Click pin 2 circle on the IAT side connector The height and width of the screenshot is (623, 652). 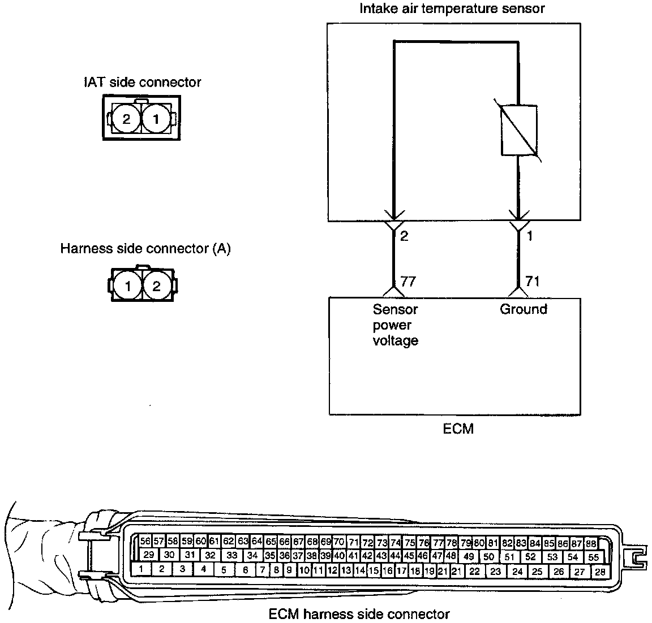[126, 119]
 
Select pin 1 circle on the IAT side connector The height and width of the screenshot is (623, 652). [156, 119]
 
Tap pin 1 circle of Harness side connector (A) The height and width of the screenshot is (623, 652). [128, 286]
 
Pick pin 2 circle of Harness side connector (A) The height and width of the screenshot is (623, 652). [157, 286]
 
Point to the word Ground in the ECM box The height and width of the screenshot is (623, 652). [524, 309]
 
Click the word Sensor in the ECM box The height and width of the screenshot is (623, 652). [395, 309]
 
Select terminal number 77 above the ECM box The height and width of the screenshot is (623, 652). [408, 281]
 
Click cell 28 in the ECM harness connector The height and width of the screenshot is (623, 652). [600, 572]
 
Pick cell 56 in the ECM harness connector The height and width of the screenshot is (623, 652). [145, 542]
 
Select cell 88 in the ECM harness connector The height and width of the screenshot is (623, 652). [591, 543]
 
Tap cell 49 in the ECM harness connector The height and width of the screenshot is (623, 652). [469, 556]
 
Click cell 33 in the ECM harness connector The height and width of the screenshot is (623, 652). [231, 555]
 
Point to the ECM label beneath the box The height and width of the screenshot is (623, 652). [458, 429]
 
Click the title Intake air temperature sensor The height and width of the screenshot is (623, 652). [452, 8]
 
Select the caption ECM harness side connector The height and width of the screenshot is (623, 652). [359, 614]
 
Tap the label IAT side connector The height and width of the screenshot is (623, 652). [141, 82]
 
